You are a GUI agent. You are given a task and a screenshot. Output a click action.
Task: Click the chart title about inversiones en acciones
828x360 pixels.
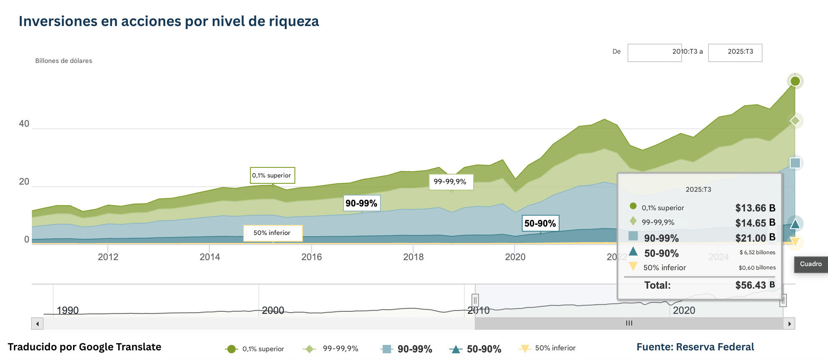(x=169, y=21)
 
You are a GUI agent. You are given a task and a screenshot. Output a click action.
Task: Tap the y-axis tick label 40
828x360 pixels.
(x=24, y=124)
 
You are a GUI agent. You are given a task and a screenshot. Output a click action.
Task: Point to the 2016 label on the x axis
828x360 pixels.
(x=311, y=257)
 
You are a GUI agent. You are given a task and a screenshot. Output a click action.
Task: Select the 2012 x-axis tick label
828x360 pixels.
(x=108, y=257)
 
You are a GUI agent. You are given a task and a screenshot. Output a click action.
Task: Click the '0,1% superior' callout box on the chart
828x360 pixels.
(x=272, y=175)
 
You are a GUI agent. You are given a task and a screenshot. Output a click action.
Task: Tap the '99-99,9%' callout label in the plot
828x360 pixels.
(x=450, y=182)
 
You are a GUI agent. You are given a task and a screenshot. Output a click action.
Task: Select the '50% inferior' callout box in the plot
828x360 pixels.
(x=273, y=233)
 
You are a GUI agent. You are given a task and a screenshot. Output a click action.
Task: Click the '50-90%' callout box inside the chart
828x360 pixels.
(x=540, y=223)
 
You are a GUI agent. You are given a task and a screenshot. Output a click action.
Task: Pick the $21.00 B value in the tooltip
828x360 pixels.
(x=755, y=238)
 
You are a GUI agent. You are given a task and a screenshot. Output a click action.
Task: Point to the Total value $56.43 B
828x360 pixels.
(x=755, y=285)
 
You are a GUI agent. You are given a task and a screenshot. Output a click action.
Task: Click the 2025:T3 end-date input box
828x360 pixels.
(x=735, y=52)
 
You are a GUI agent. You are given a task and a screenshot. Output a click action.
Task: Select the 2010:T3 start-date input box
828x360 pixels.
(x=654, y=52)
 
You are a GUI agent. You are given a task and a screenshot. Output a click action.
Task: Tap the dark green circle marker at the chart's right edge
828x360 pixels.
(x=795, y=81)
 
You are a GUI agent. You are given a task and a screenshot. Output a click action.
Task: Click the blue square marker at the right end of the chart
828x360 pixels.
(x=795, y=163)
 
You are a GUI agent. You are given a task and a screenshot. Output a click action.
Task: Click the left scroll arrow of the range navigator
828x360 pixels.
(x=37, y=323)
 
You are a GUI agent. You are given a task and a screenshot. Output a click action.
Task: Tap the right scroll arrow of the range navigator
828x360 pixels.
(x=789, y=323)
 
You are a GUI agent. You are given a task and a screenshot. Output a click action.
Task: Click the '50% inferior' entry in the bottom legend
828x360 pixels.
(x=548, y=348)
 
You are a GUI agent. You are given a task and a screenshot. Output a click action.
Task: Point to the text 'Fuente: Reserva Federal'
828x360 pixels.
(x=695, y=347)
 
